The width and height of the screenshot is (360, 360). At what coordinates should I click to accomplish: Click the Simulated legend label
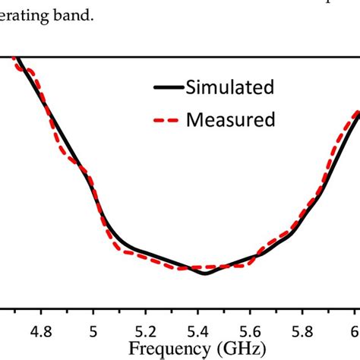click(x=230, y=88)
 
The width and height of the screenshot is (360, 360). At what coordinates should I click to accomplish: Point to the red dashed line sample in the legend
click(x=168, y=120)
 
